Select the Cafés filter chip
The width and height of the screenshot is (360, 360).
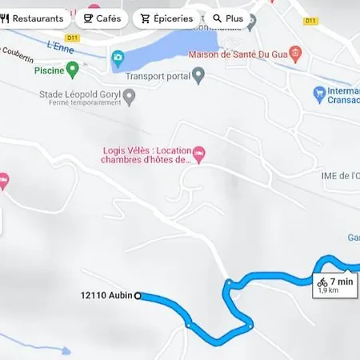(x=102, y=18)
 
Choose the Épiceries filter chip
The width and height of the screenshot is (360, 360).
(x=166, y=18)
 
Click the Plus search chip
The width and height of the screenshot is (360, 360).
(x=228, y=18)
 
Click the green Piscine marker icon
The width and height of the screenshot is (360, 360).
(x=74, y=70)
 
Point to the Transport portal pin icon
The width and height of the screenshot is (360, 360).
(x=198, y=74)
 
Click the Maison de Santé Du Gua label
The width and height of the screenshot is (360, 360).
(x=238, y=54)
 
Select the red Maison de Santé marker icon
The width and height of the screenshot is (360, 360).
(x=296, y=54)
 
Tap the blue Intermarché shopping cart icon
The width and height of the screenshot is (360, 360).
(x=320, y=94)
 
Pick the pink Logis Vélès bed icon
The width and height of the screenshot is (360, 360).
(x=199, y=152)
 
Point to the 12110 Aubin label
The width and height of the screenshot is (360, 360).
(x=106, y=295)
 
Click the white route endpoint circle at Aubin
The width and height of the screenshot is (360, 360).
(x=138, y=295)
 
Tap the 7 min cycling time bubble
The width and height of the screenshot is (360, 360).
(x=334, y=284)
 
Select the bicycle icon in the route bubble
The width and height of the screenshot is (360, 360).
(x=322, y=282)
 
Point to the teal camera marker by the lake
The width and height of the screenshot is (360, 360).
(x=118, y=58)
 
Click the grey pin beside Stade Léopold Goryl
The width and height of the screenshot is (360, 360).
(x=129, y=96)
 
